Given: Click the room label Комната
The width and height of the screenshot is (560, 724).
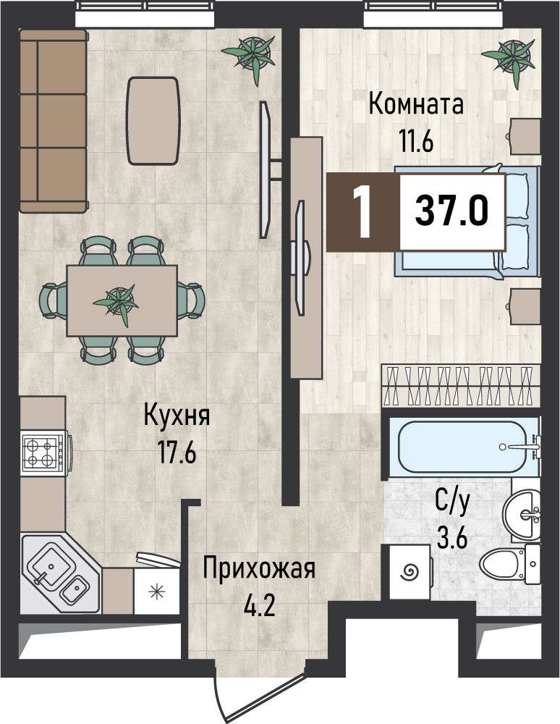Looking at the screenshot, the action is click(416, 104).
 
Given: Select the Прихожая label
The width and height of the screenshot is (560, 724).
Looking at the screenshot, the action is click(260, 569).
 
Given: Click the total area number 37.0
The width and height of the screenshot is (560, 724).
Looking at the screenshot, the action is click(451, 210).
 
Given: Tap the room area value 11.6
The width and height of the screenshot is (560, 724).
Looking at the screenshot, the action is click(416, 141).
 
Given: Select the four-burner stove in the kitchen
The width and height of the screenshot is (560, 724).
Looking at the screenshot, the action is click(46, 453).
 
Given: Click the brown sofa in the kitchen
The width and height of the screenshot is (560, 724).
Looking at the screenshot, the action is click(53, 121).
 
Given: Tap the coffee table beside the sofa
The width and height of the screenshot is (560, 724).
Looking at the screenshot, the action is click(153, 121).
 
